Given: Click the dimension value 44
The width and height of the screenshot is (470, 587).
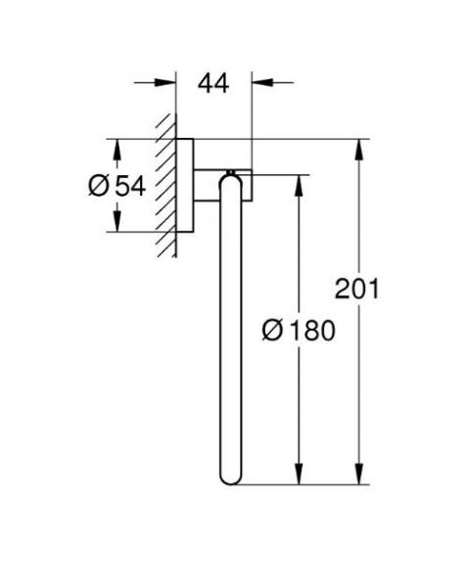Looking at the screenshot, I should [213, 84].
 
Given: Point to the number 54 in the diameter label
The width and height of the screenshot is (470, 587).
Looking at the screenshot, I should [129, 186].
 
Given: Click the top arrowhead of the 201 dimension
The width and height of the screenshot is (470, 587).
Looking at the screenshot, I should [361, 148].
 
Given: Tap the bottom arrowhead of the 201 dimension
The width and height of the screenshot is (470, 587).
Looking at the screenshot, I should [361, 476].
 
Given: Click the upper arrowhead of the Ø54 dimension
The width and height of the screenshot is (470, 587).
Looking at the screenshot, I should [117, 148].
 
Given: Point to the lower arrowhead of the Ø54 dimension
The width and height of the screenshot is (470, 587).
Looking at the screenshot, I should [117, 223].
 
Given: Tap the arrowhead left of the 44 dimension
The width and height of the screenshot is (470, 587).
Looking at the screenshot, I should [168, 84].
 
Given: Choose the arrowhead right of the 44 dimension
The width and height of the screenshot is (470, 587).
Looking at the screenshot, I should [259, 84].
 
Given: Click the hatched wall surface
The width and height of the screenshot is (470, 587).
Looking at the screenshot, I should [166, 186].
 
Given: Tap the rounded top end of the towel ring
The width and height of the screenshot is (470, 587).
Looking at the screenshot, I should [227, 179].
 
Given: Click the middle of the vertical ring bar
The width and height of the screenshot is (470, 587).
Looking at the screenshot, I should [227, 328].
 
